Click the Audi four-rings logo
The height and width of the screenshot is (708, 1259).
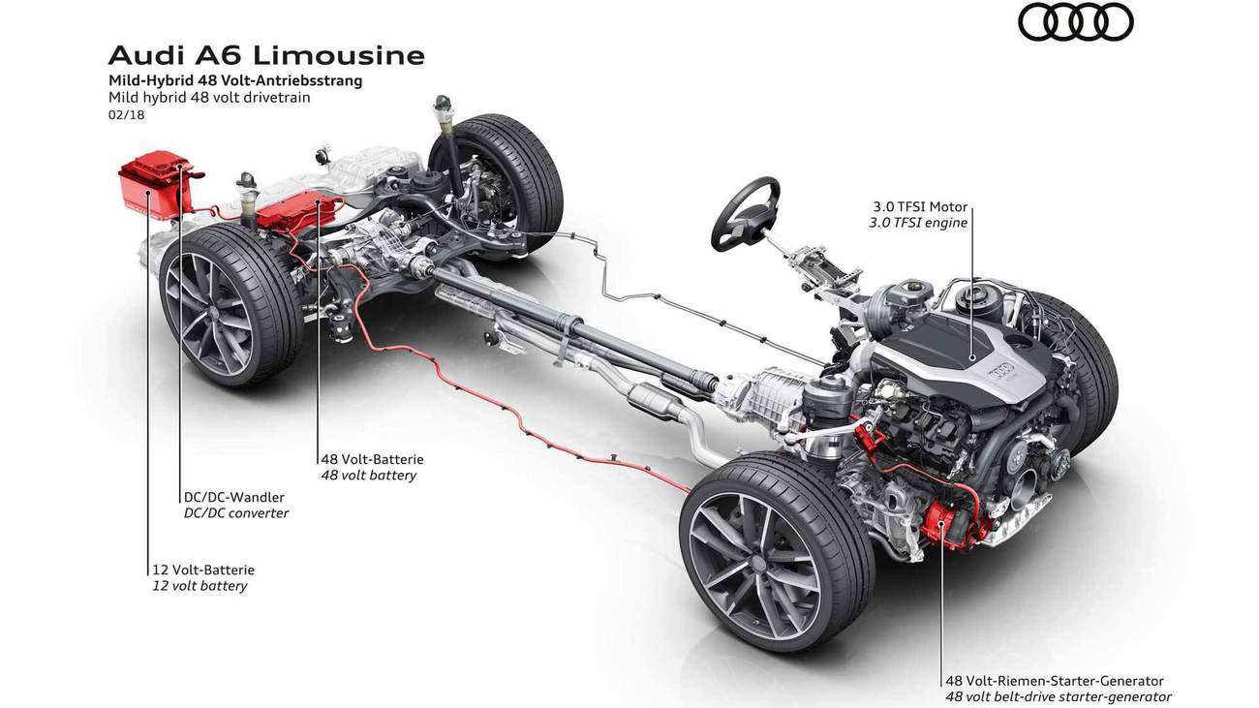point(1075,22)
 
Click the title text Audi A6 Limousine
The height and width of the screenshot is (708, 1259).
point(266,55)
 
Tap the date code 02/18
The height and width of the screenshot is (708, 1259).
point(126,115)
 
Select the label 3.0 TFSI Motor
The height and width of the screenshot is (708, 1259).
point(919,207)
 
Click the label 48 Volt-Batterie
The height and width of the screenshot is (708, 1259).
point(372,459)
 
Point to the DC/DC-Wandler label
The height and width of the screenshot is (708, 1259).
point(233,497)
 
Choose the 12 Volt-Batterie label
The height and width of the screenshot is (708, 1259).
point(202,569)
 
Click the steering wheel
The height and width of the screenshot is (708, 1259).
point(746,213)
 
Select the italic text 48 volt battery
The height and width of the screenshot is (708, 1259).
point(368,476)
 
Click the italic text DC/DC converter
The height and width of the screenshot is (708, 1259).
point(236,513)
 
